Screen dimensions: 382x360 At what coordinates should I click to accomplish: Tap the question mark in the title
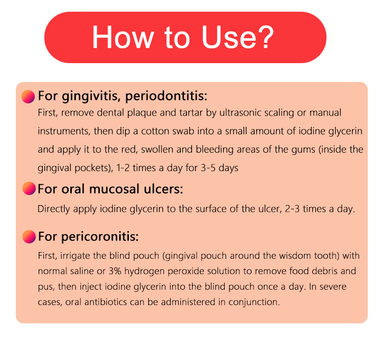pyautogui.click(x=266, y=37)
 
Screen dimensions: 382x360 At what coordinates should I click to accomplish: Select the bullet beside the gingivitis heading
pyautogui.click(x=28, y=97)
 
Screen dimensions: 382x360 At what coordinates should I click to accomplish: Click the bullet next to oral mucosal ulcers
pyautogui.click(x=29, y=188)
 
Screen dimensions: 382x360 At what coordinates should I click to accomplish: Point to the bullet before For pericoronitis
pyautogui.click(x=29, y=237)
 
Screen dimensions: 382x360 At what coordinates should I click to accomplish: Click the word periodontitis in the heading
pyautogui.click(x=166, y=96)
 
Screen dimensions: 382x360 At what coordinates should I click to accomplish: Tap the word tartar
pyautogui.click(x=191, y=113)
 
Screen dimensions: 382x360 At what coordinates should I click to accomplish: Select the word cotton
pyautogui.click(x=155, y=131)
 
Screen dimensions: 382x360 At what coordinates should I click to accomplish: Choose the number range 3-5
pyautogui.click(x=208, y=168)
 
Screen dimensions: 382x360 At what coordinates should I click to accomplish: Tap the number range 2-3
pyautogui.click(x=292, y=209)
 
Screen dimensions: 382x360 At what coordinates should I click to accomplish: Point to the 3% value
pyautogui.click(x=115, y=271)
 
